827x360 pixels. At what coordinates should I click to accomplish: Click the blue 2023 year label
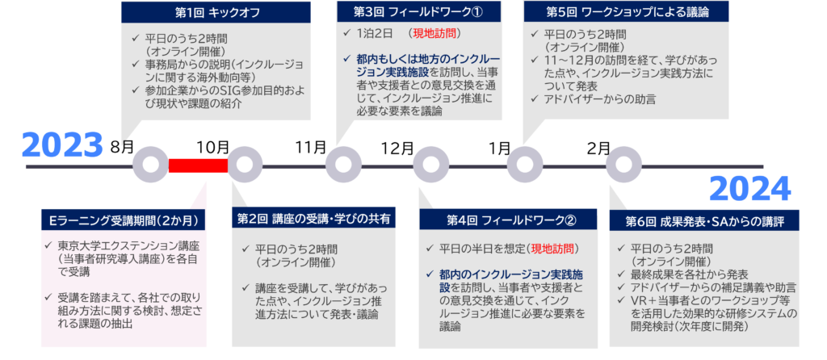pyautogui.click(x=63, y=145)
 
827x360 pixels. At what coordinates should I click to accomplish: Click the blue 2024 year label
pyautogui.click(x=749, y=190)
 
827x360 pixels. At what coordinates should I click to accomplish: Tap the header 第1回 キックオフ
pyautogui.click(x=216, y=12)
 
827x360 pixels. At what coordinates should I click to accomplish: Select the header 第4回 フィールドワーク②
pyautogui.click(x=510, y=219)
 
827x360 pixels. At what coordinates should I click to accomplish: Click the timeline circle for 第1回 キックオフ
pyautogui.click(x=149, y=165)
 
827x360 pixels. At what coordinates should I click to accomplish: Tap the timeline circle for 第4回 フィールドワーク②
pyautogui.click(x=430, y=165)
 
